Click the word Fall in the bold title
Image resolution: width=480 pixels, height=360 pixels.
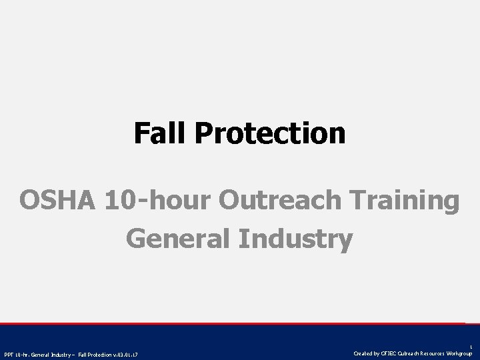160,133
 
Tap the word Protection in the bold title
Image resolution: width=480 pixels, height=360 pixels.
271,133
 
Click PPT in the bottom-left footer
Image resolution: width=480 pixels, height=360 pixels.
9,353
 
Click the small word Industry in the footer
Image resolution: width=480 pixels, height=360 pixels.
65,353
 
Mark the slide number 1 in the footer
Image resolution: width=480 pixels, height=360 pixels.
471,346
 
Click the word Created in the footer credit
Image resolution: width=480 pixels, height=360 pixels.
363,353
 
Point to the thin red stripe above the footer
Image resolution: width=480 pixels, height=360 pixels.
240,323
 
